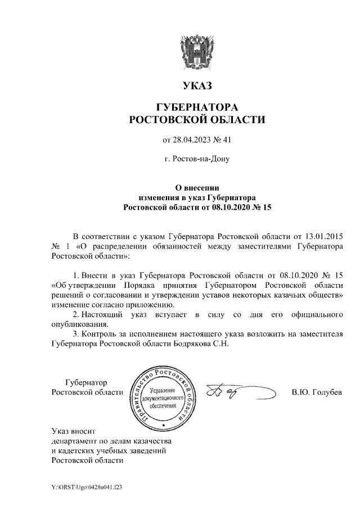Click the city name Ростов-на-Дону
[x=201, y=159]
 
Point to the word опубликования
[x=79, y=324]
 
